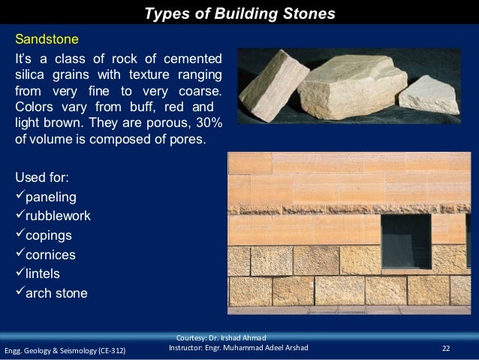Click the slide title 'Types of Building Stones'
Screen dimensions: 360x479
(x=239, y=14)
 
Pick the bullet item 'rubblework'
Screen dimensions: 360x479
(x=58, y=216)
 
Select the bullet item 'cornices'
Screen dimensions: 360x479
(x=51, y=255)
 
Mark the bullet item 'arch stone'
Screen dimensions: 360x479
(x=56, y=293)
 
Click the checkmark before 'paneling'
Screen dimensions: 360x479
(x=20, y=197)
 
